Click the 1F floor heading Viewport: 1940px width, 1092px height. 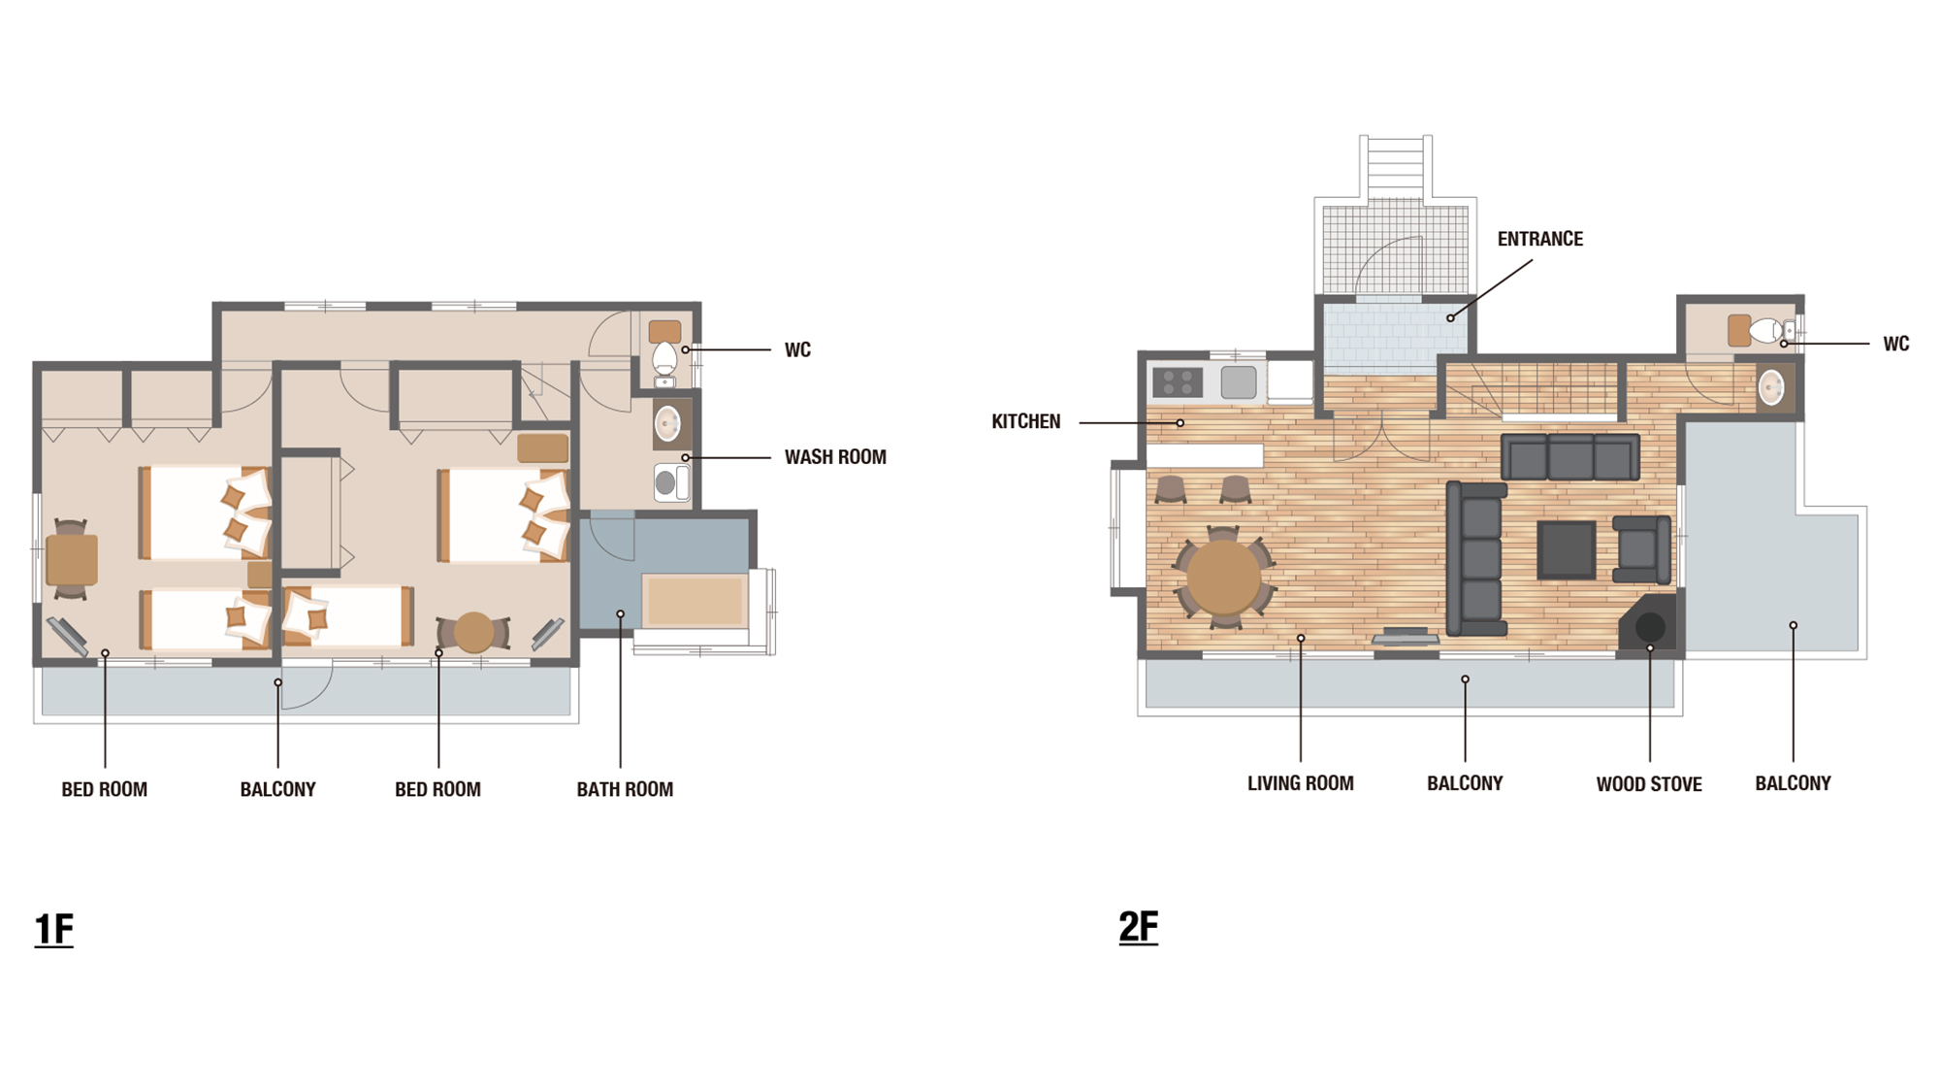click(54, 929)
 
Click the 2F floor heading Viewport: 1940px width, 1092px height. click(1139, 926)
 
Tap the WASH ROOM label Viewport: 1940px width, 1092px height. click(835, 457)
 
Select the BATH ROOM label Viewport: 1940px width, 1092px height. click(625, 789)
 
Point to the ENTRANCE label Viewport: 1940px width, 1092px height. click(1539, 239)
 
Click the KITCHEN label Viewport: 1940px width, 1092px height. click(1025, 421)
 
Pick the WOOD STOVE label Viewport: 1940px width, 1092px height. click(1649, 784)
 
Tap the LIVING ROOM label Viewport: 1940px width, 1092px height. click(1300, 783)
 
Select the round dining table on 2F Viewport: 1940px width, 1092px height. click(1223, 577)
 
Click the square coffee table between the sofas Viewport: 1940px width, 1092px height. click(1566, 549)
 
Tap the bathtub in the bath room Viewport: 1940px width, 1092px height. click(695, 601)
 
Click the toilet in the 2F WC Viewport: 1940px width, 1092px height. click(1765, 330)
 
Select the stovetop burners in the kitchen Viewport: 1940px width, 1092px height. click(1178, 382)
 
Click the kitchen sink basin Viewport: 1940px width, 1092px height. click(1239, 382)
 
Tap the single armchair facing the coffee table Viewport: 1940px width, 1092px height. click(1641, 549)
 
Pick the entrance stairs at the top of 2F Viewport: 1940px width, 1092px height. click(1395, 167)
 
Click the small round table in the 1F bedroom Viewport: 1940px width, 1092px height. click(474, 633)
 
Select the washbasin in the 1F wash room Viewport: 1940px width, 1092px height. click(667, 424)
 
